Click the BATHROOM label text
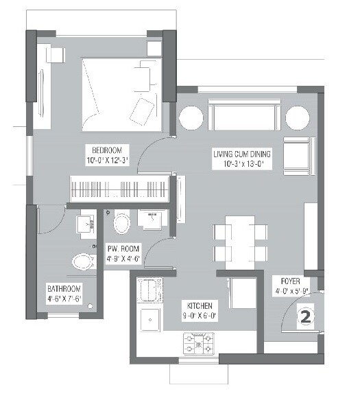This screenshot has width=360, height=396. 64,288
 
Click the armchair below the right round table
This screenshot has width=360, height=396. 296,156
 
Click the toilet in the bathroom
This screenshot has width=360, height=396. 83,261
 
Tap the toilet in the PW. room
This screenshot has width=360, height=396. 123,224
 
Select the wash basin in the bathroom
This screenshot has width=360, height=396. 86,222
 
